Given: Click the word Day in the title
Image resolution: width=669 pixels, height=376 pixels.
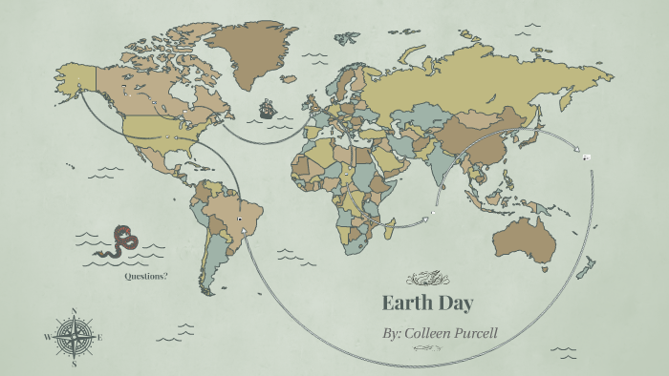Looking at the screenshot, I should pos(453,304).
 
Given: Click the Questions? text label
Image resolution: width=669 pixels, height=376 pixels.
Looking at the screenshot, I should pos(146,276).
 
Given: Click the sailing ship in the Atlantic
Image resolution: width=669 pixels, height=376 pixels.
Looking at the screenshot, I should pos(269,110).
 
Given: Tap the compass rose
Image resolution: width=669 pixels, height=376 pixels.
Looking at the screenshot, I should pos(75,337).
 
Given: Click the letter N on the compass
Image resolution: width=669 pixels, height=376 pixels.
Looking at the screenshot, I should pos(75,311).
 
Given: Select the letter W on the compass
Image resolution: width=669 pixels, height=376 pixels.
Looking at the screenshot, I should pos(48,337).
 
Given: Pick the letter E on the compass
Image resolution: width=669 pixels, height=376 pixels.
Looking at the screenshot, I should pos(99,337).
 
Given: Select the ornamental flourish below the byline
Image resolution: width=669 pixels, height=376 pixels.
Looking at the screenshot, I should pos(427,350).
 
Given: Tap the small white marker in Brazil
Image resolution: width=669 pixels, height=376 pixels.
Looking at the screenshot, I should pos(239,219).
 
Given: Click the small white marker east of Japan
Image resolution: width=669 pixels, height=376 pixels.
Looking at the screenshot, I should pos(586,157).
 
